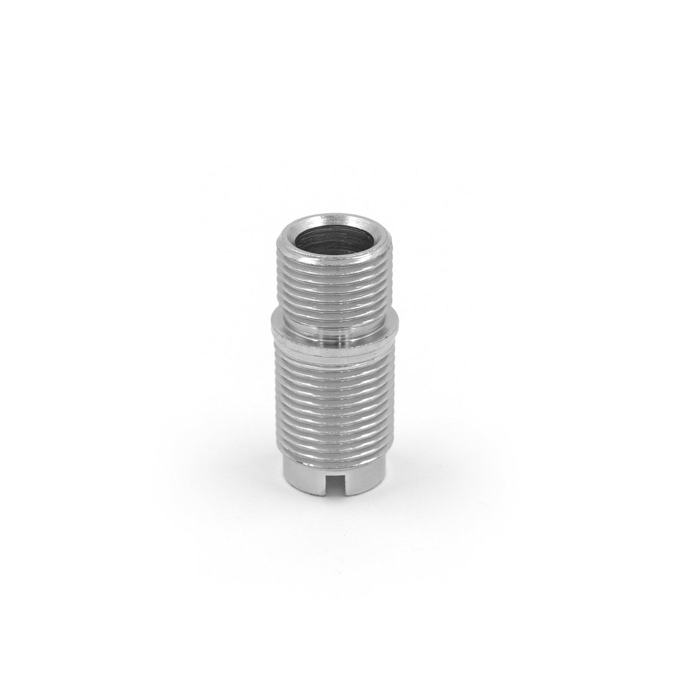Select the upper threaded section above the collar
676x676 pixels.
pos(335,290)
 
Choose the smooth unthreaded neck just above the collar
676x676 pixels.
pos(335,326)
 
